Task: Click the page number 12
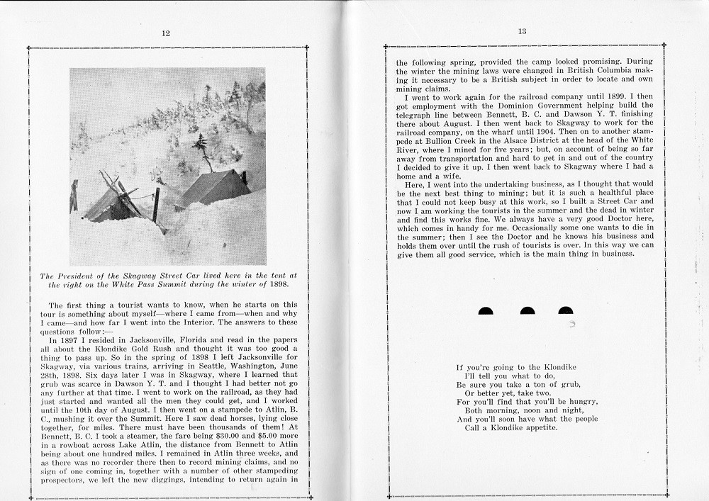165,33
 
